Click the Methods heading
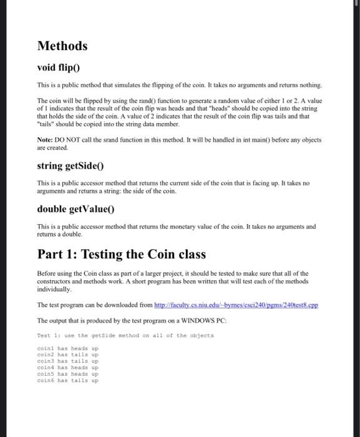62,46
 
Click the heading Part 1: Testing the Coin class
122,254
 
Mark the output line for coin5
68,373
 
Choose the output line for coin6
68,380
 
